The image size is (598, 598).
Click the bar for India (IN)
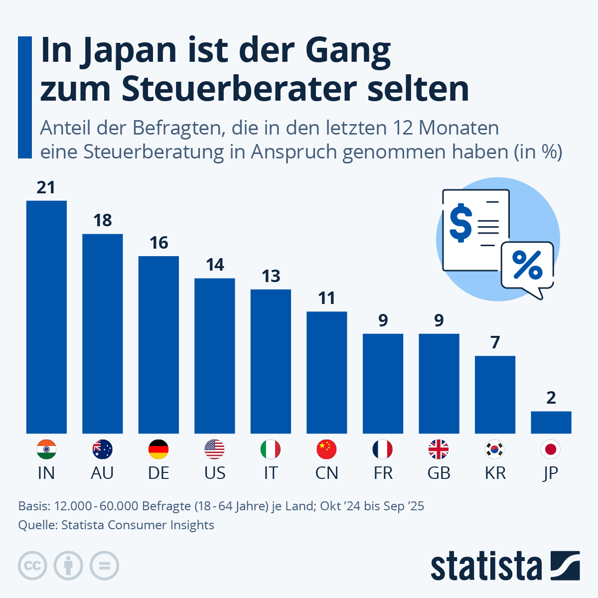pos(46,317)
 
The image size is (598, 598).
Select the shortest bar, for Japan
pos(551,422)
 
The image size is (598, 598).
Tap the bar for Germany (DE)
pos(158,345)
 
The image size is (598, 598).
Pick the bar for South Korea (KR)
pos(495,395)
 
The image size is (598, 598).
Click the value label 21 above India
pos(46,188)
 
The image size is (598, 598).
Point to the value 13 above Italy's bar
pos(271,276)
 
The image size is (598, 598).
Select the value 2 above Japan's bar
pos(551,398)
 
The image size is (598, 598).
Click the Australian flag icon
pos(103,449)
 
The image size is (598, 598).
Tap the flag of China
pos(326,449)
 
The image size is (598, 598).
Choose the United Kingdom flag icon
pos(439,449)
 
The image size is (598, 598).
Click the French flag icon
pos(383,449)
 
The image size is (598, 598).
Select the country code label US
pos(215,473)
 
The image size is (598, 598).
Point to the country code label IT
pos(271,473)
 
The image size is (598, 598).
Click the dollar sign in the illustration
pos(460,223)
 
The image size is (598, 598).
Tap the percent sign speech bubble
pos(527,266)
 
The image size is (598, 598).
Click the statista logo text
pos(486,567)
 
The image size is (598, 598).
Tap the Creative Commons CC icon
pos(32,566)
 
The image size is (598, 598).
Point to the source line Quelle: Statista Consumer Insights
pos(116,525)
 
